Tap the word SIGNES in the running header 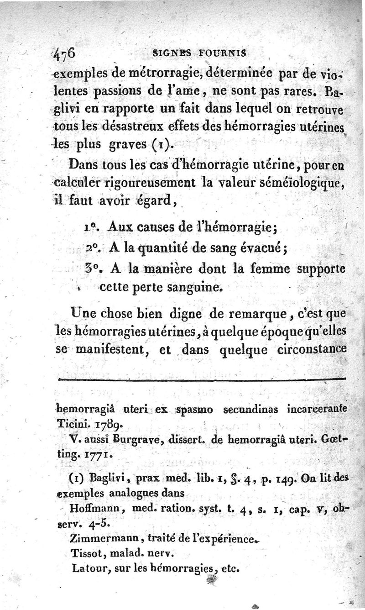tap(170, 53)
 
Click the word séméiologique tap(295, 184)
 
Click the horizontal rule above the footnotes tap(201, 379)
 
